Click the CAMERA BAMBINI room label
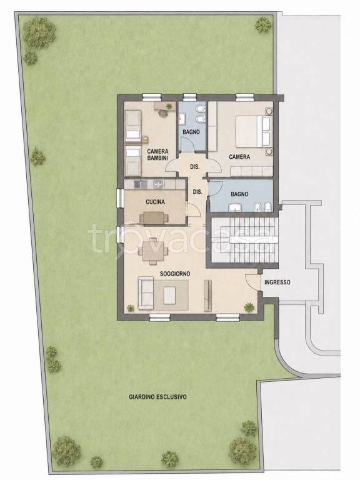coord(157,154)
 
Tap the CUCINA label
coord(155,202)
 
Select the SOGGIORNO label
coord(175,274)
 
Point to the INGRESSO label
coord(277,282)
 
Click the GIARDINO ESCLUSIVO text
coord(157,397)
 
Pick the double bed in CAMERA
coord(253,131)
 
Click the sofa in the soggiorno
coord(146,293)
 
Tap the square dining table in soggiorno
coord(152,252)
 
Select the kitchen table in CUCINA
coord(154,218)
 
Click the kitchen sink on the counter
coord(141,184)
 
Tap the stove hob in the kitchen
coord(158,184)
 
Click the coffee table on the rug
coord(169,295)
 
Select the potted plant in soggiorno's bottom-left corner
coord(131,308)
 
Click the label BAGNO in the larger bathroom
coord(239,194)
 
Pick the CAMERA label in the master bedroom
coord(239,157)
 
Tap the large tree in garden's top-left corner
coord(39,32)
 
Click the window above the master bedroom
coord(245,97)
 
